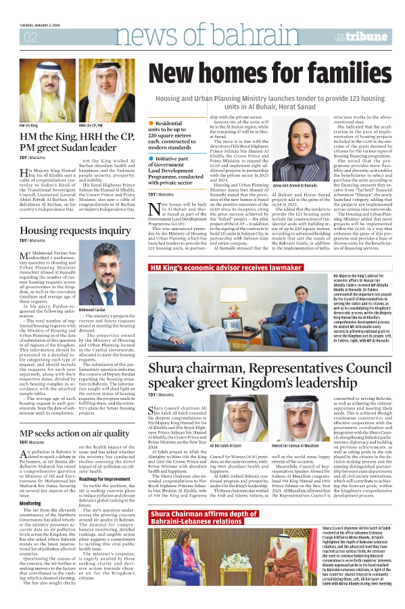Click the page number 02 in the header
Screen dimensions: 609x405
click(31, 37)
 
